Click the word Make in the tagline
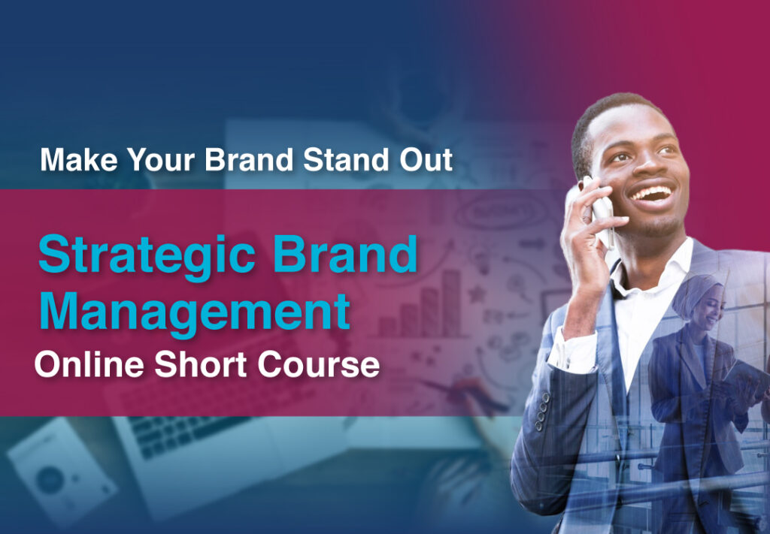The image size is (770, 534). [79, 159]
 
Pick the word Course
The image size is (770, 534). [319, 365]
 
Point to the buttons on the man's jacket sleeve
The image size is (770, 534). [542, 410]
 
